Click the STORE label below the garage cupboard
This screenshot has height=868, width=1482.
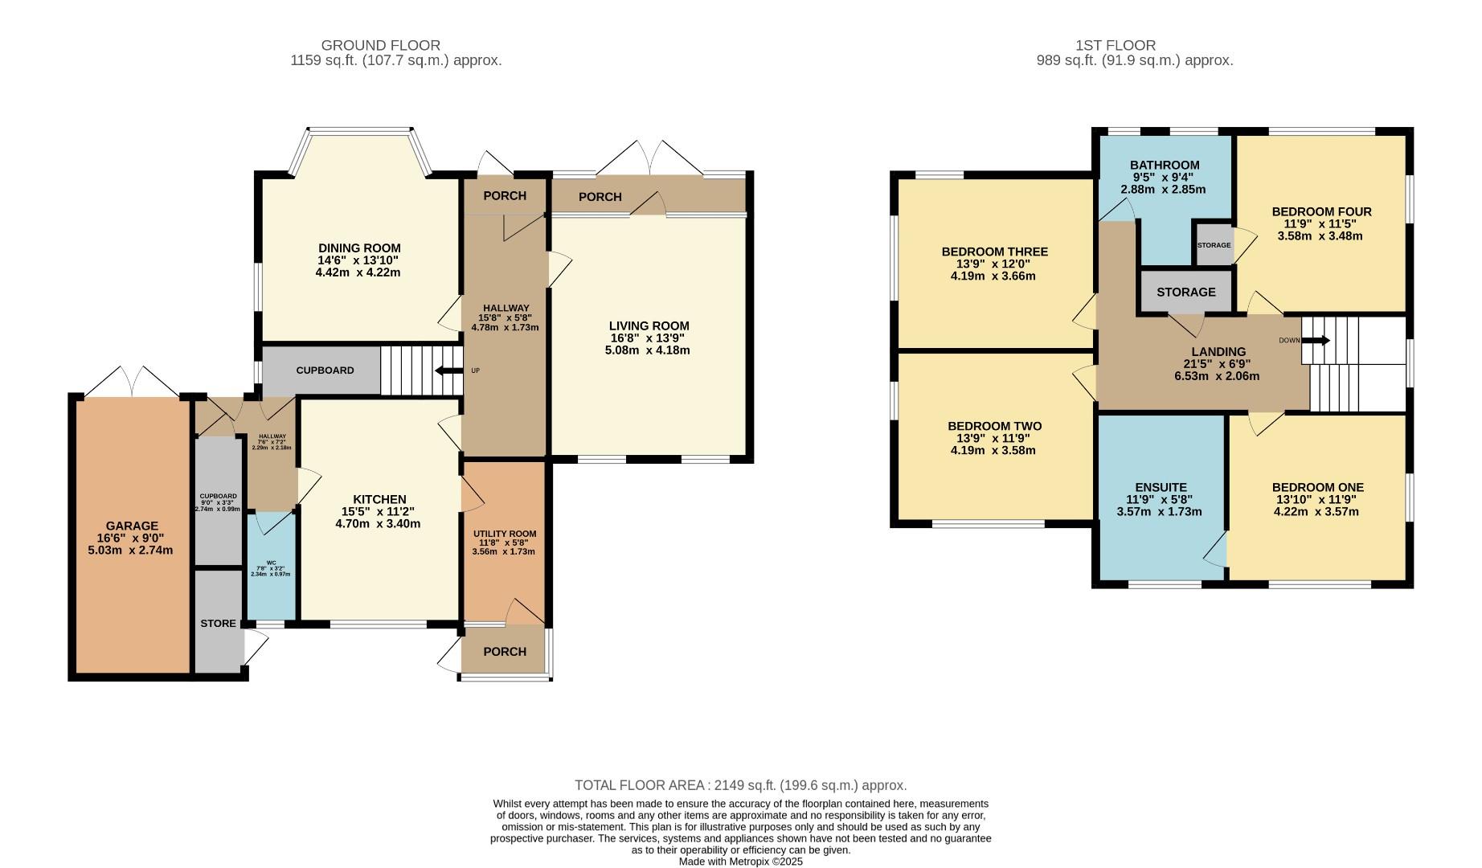click(x=218, y=623)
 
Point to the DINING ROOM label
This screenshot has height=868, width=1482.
click(x=358, y=248)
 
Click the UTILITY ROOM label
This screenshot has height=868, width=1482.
click(x=505, y=534)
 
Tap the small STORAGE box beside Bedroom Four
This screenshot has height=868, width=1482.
click(x=1214, y=245)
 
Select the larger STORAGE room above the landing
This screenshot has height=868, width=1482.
click(x=1185, y=292)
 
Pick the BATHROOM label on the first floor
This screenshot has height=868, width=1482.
click(x=1164, y=165)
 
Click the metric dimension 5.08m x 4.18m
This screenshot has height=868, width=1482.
click(x=648, y=350)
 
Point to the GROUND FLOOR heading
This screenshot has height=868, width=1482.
click(x=380, y=46)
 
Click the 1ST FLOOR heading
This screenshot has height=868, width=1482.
click(x=1116, y=46)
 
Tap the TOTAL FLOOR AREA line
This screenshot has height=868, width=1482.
click(x=740, y=785)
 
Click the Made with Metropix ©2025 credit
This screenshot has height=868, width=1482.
click(x=740, y=861)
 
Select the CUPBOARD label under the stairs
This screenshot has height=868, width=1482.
click(x=325, y=371)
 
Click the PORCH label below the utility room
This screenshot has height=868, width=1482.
click(x=505, y=651)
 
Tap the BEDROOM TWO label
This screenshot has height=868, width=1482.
click(x=994, y=426)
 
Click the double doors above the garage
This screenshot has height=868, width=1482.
click(x=133, y=382)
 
